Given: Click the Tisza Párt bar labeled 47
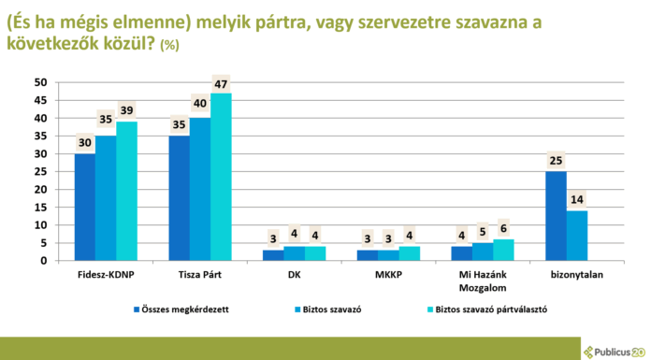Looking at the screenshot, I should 221,177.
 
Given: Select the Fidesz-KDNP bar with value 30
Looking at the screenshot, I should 85,207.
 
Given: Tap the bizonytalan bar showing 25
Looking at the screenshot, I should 556,216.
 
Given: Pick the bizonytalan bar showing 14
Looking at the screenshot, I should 577,236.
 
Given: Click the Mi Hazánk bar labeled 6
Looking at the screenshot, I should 504,250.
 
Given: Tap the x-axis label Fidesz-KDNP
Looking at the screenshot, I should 106,276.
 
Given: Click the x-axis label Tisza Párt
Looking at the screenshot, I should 200,276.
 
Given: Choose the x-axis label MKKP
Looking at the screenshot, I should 388,276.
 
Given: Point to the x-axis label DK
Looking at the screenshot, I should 294,276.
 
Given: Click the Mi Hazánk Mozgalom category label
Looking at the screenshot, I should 483,281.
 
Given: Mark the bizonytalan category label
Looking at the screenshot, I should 577,276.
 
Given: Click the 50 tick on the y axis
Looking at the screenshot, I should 40,82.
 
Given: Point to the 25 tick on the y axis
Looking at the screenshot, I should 40,171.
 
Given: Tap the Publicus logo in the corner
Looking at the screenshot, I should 614,351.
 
